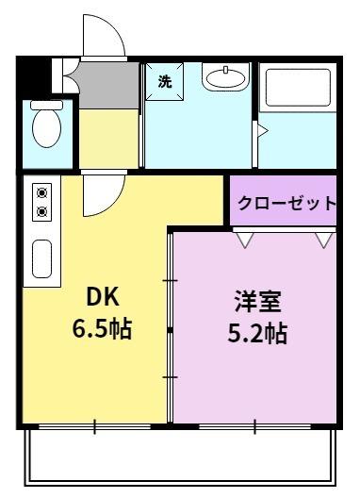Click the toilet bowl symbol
(44, 125)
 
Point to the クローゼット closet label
(286, 202)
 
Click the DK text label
(103, 297)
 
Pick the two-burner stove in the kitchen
(42, 200)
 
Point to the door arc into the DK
(97, 195)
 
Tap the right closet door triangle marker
(320, 241)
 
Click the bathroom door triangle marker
(264, 132)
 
